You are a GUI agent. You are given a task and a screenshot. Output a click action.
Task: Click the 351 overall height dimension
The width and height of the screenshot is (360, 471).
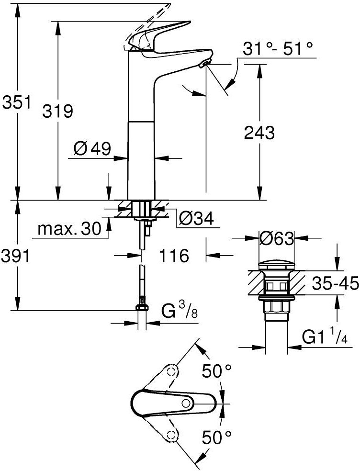pos(17,102)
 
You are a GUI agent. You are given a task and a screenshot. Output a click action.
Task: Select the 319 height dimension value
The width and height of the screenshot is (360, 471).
pos(57,112)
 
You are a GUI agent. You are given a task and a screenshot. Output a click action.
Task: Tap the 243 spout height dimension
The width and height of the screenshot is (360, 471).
pos(259,133)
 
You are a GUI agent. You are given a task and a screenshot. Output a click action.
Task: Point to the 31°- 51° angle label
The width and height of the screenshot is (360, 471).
pos(278,49)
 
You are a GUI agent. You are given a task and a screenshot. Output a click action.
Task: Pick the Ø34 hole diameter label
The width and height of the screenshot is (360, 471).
pos(196,219)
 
